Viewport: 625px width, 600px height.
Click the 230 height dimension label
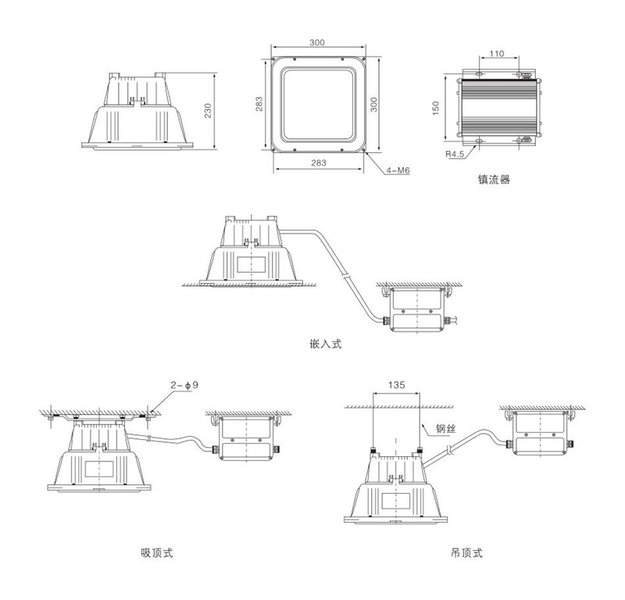(x=208, y=111)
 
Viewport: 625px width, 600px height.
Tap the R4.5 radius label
(x=455, y=154)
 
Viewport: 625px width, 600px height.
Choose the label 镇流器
(x=494, y=179)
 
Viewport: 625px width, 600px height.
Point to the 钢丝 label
(x=443, y=428)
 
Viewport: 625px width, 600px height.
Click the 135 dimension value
(x=396, y=384)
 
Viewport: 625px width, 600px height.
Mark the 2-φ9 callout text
(x=186, y=384)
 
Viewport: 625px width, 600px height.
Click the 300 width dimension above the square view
(x=317, y=41)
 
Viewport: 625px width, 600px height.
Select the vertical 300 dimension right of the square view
(x=373, y=104)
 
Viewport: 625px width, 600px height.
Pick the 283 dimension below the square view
(x=317, y=162)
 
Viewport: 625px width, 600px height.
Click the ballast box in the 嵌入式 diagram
(x=418, y=308)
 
